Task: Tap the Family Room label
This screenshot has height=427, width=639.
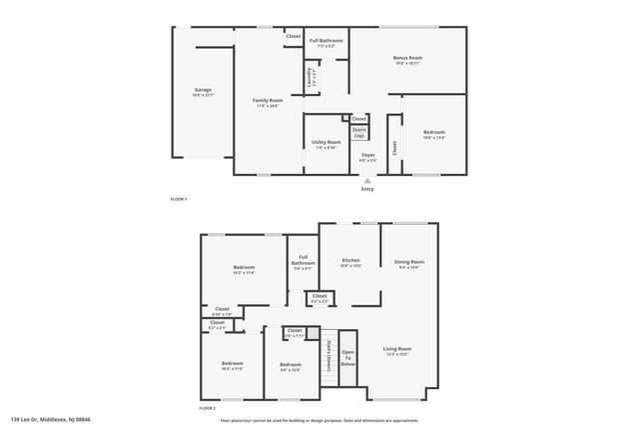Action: pyautogui.click(x=267, y=102)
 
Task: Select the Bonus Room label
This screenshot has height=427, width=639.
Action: pyautogui.click(x=406, y=60)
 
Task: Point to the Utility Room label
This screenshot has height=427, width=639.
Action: pyautogui.click(x=325, y=144)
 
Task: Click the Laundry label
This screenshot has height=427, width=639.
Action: pyautogui.click(x=311, y=76)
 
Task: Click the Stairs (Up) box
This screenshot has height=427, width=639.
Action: pyautogui.click(x=358, y=132)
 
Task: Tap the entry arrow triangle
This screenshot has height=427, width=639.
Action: pyautogui.click(x=367, y=180)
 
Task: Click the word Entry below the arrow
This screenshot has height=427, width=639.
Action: pyautogui.click(x=367, y=188)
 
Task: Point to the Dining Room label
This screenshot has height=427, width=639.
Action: pyautogui.click(x=409, y=264)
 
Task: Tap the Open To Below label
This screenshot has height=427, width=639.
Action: pyautogui.click(x=347, y=358)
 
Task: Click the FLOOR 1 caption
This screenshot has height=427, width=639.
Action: pyautogui.click(x=179, y=200)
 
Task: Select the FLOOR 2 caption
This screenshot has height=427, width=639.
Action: pyautogui.click(x=207, y=409)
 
